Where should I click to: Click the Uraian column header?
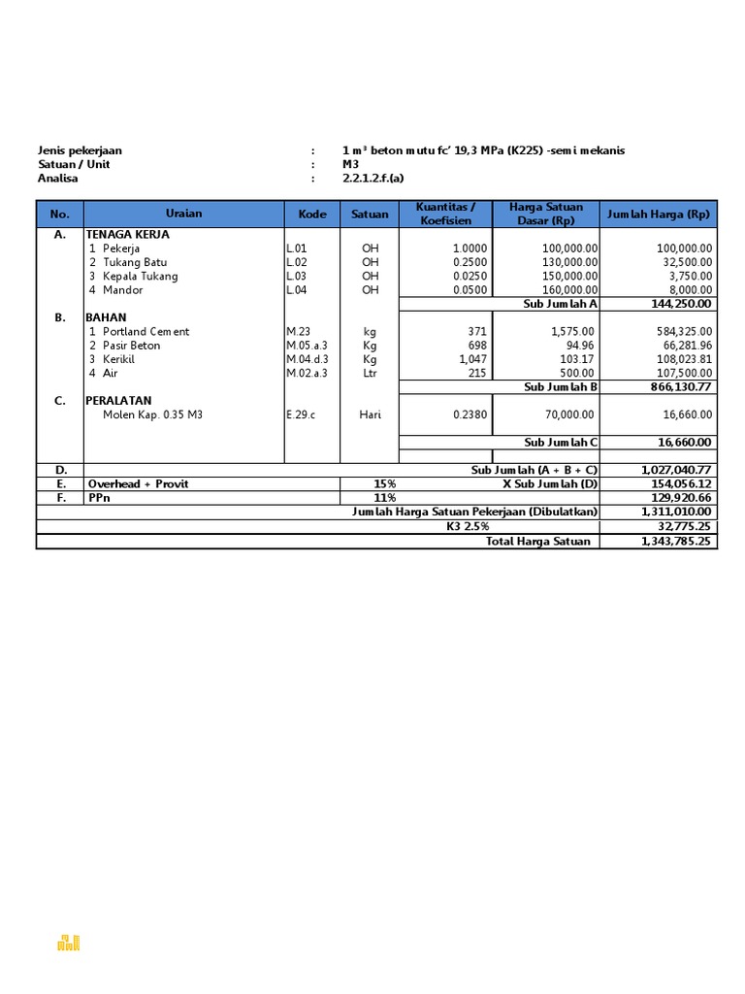coord(183,214)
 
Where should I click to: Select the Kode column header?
coord(312,214)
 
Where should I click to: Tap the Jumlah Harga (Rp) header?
coord(659,214)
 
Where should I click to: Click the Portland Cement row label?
coord(146,331)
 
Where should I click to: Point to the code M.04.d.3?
coord(308,359)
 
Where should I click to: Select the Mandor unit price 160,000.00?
coord(568,290)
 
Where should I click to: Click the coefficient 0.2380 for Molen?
coord(470,414)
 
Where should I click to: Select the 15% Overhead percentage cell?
coord(385,483)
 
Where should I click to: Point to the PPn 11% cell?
coord(385,498)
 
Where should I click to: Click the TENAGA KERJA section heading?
coord(128,235)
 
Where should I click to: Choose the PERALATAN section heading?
coord(119,401)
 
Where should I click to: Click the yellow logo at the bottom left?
coord(69,942)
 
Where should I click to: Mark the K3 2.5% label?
coord(470,527)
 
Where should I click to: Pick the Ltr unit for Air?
coord(370,373)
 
